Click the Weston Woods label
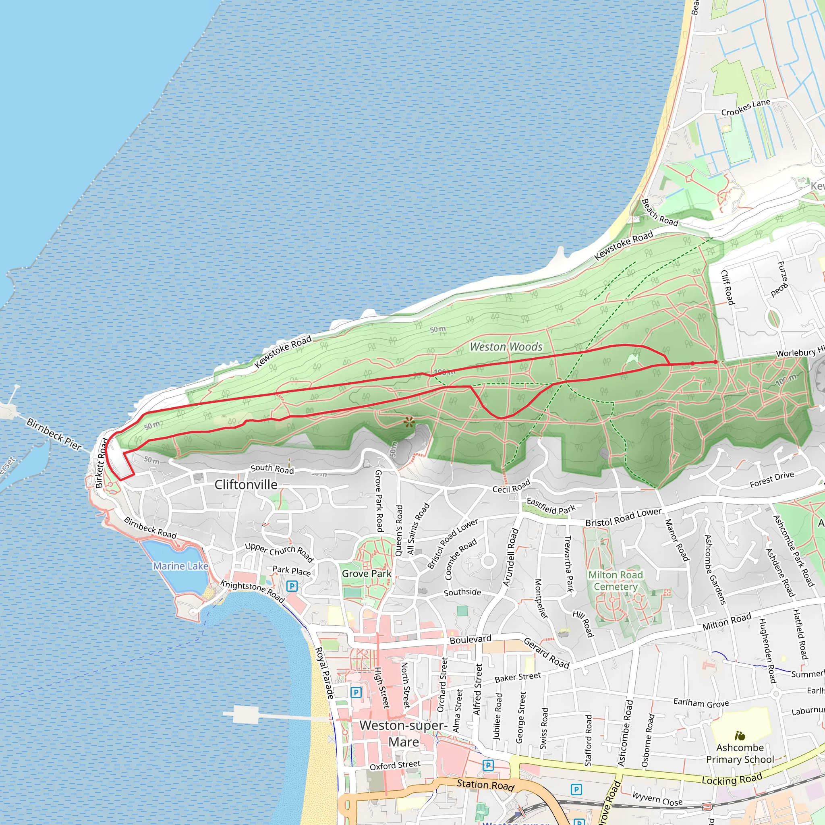pos(506,347)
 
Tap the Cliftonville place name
pos(246,485)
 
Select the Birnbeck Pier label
pos(54,434)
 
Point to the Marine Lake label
pos(180,566)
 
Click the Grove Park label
pos(367,574)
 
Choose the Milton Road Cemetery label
pos(616,581)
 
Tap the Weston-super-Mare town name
pos(404,734)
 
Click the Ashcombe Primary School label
pos(740,754)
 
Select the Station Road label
pos(485,785)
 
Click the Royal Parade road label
pos(324,674)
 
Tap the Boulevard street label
pos(471,639)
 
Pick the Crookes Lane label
pos(746,108)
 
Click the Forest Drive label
pos(772,479)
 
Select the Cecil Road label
pos(511,486)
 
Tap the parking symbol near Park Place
pos(292,586)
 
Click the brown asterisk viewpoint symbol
pos(409,423)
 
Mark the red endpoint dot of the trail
pos(716,362)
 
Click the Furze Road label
pos(782,279)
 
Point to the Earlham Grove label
pos(701,703)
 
